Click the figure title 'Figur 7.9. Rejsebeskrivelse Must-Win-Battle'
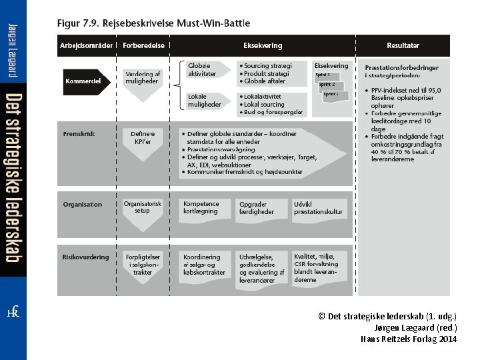[153, 22]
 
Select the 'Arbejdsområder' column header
[87, 45]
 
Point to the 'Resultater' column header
[403, 45]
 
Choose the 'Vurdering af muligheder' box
[143, 77]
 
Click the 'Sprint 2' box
[329, 85]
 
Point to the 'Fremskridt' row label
[79, 133]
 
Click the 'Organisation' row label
[83, 204]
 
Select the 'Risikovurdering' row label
[85, 256]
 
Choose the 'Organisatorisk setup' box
[143, 207]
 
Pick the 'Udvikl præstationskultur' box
[320, 207]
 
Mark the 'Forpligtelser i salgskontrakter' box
[143, 264]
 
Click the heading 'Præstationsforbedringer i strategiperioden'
[401, 71]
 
